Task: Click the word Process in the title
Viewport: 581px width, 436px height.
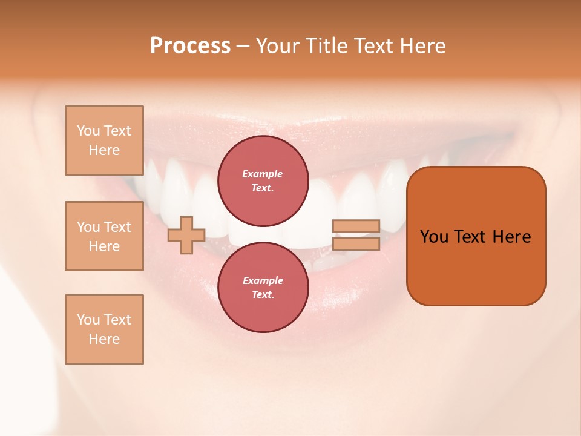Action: click(x=190, y=46)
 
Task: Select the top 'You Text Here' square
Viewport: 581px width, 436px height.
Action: click(x=104, y=140)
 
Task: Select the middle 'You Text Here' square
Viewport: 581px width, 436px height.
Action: click(x=104, y=236)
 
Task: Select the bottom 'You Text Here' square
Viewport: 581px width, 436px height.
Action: click(x=104, y=329)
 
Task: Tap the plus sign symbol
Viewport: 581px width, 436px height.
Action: click(x=186, y=235)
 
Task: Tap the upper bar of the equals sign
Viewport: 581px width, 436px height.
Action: click(x=356, y=226)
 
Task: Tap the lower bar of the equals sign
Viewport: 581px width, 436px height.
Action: click(x=356, y=243)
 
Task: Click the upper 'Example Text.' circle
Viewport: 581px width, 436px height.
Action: click(x=263, y=180)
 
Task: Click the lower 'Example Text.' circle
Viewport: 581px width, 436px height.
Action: click(x=263, y=287)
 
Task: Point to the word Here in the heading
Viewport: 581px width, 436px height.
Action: click(x=422, y=46)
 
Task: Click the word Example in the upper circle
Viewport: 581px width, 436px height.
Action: click(x=263, y=174)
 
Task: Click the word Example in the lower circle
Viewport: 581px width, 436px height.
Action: click(x=263, y=280)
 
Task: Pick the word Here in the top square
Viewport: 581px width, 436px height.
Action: click(x=104, y=150)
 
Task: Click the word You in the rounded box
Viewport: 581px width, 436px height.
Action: click(x=435, y=237)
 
